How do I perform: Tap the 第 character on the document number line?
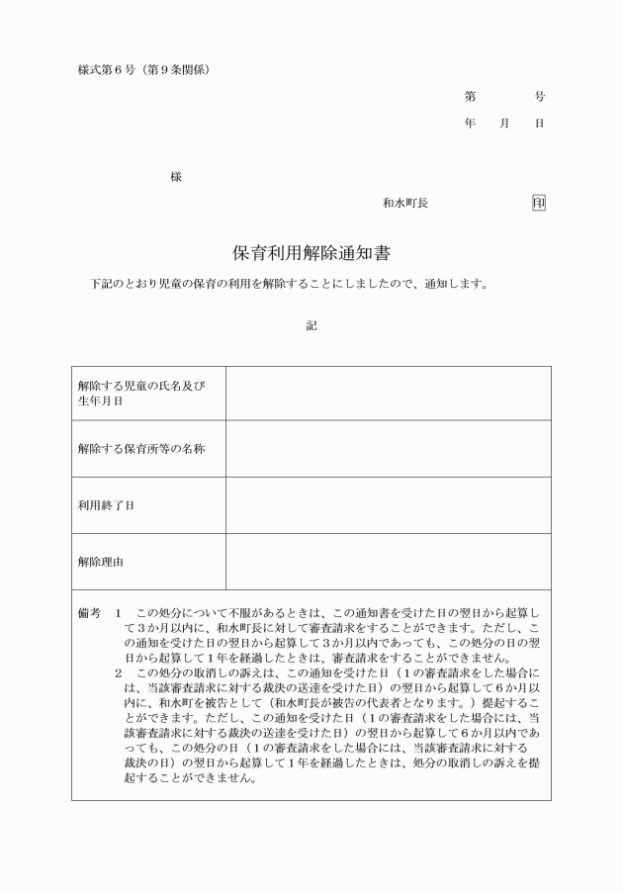point(470,97)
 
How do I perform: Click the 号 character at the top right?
point(539,97)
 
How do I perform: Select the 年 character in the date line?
point(470,124)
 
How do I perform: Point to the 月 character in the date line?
point(504,124)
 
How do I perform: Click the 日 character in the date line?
point(539,124)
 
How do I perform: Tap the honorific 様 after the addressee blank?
point(176,177)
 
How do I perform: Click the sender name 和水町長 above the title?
point(405,204)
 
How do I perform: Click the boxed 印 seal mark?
point(538,204)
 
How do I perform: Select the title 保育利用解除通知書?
point(311,253)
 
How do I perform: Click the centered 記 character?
point(311,325)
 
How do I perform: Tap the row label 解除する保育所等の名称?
point(141,448)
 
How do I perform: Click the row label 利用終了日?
point(107,505)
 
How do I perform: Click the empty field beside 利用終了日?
point(388,505)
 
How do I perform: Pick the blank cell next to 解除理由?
point(388,562)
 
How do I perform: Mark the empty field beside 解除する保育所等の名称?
point(388,448)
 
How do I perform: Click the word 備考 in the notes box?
point(89,613)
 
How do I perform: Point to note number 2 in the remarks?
point(118,672)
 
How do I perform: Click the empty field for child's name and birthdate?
point(388,394)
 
